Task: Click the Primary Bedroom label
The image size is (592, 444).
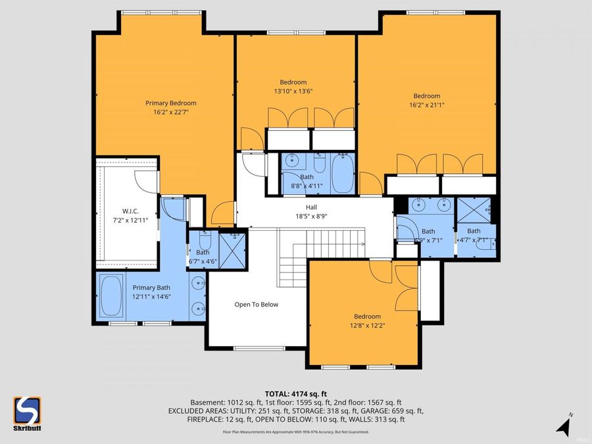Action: point(171,103)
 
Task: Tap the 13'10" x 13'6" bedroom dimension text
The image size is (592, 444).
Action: point(293,91)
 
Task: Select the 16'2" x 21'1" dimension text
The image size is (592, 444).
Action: point(426,105)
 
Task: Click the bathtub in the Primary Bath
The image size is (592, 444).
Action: point(111,296)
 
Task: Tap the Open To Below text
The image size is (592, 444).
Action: point(257,305)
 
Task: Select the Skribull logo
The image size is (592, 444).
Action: point(27,414)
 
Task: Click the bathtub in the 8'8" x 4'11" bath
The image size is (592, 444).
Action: point(342,172)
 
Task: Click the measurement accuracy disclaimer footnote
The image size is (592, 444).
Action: point(296,432)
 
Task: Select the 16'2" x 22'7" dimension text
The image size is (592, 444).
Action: point(171,112)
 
